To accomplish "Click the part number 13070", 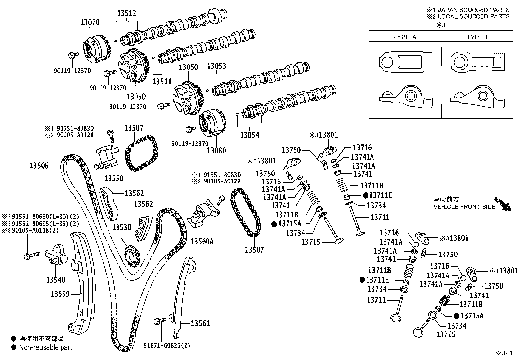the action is [x=90, y=22].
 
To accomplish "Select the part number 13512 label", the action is [x=127, y=13].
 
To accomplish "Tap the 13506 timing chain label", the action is [x=39, y=165].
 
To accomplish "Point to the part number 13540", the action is [x=56, y=279].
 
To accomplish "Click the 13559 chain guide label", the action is [x=60, y=294].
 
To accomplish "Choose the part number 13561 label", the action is [x=200, y=323].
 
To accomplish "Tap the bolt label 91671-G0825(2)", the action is [x=167, y=345].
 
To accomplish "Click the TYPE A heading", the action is [x=404, y=37].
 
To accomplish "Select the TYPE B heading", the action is [x=478, y=37].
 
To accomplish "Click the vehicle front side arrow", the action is [x=502, y=204].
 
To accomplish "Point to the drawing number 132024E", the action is [x=504, y=353].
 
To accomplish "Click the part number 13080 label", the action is [x=216, y=150].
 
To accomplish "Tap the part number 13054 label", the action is [x=250, y=135].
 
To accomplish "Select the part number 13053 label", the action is [x=217, y=66].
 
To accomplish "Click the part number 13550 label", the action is [x=114, y=178].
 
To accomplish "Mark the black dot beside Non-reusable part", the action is [x=14, y=347].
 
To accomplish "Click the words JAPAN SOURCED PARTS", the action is [x=474, y=10].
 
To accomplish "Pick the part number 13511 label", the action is [x=162, y=81].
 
